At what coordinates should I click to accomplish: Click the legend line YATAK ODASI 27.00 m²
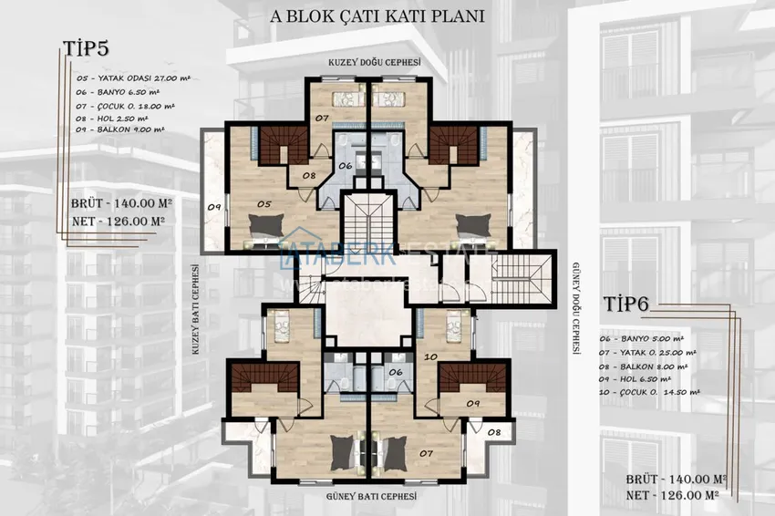128,78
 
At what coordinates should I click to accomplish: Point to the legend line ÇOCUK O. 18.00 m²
122,105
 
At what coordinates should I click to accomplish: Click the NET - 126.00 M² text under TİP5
118,221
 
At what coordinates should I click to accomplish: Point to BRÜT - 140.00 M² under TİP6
677,479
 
